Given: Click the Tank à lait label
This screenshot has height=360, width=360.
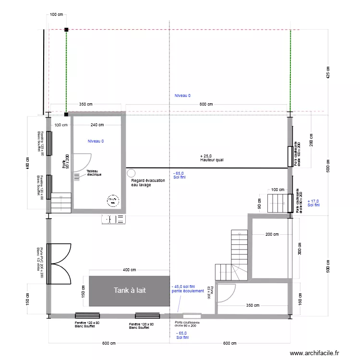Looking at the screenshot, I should click(129, 290).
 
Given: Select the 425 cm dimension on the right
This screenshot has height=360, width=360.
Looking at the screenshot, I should click(328, 72).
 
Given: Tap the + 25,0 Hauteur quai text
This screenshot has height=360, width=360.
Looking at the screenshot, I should click(212, 158).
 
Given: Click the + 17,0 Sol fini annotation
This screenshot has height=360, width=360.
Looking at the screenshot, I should click(313, 203).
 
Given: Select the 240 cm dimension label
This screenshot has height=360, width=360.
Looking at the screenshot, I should click(97, 125).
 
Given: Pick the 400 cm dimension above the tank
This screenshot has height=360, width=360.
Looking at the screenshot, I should click(129, 270).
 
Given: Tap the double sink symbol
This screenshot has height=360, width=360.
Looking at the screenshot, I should click(114, 219).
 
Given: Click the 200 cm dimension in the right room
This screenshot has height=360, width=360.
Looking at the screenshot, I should click(272, 234).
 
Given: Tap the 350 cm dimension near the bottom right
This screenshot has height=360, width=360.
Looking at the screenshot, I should click(252, 305).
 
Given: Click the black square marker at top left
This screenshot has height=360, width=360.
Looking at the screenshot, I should click(66, 30).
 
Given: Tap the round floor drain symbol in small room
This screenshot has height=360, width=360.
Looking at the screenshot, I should click(113, 200).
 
